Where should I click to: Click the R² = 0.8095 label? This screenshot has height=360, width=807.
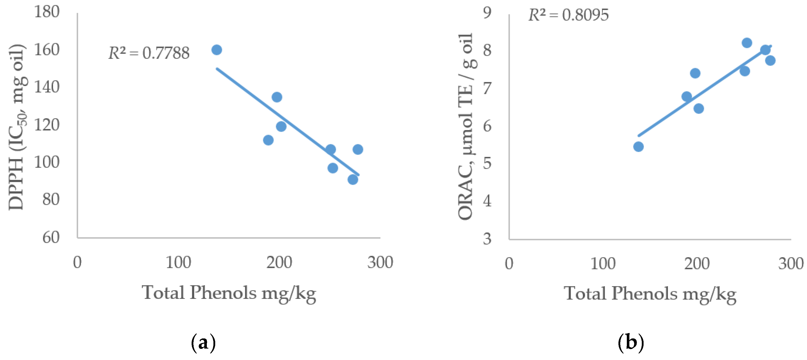(568, 15)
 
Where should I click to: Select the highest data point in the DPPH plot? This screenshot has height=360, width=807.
(216, 50)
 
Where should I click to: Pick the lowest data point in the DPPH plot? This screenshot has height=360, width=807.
(353, 180)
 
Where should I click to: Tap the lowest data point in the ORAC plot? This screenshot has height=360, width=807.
(638, 147)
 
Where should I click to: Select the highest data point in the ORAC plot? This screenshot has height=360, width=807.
(747, 43)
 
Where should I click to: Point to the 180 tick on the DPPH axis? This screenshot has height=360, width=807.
(47, 12)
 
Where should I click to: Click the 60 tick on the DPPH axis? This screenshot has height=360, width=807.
(51, 237)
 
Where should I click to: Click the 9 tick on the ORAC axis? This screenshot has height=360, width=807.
(487, 13)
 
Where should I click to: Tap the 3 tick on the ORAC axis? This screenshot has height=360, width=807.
(487, 239)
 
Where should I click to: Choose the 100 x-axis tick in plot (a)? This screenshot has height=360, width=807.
(178, 263)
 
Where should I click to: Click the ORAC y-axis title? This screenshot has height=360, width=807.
(466, 127)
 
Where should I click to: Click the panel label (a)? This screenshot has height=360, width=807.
(203, 343)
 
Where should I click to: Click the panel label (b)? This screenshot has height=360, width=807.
(631, 343)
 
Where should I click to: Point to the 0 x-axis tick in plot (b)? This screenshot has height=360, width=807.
(509, 264)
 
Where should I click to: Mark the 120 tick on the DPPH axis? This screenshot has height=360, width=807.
(47, 125)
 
